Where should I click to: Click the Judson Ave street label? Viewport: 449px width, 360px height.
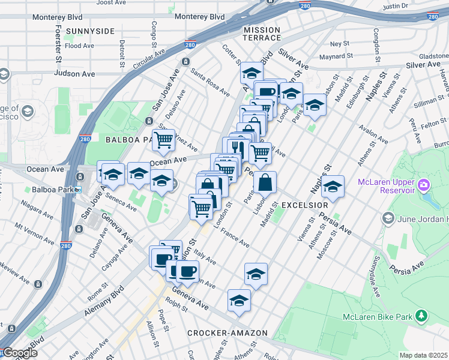point(74,74)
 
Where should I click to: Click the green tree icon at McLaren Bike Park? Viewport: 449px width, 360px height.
point(421,316)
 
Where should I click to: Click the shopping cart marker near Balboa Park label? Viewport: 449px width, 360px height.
point(163,140)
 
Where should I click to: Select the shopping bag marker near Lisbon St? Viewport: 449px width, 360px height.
point(265,181)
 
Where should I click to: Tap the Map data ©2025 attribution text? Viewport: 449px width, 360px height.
point(423,355)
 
